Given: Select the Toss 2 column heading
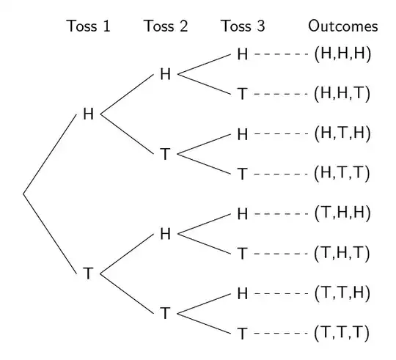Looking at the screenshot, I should pyautogui.click(x=166, y=27).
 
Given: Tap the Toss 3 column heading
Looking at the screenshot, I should pyautogui.click(x=243, y=27).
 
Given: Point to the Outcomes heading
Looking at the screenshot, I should pyautogui.click(x=342, y=27).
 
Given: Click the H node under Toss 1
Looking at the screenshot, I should pyautogui.click(x=89, y=114).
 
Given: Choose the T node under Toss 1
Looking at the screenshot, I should pyautogui.click(x=89, y=274).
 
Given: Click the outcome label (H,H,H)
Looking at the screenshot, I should pyautogui.click(x=342, y=54).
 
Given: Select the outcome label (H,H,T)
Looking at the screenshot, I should pyautogui.click(x=342, y=94).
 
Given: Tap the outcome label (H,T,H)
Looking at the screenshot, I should pyautogui.click(x=342, y=134).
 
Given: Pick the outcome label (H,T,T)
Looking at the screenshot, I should pyautogui.click(x=342, y=174).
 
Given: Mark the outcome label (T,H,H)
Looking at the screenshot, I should pyautogui.click(x=342, y=214).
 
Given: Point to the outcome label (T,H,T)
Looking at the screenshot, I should pyautogui.click(x=342, y=254).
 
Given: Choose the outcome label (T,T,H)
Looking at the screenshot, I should pyautogui.click(x=342, y=294).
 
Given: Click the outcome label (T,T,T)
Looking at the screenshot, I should pyautogui.click(x=342, y=334).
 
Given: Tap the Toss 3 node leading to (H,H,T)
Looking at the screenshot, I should pyautogui.click(x=243, y=94).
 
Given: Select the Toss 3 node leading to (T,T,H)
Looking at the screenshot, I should pyautogui.click(x=243, y=294).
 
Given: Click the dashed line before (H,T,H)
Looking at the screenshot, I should pyautogui.click(x=282, y=134).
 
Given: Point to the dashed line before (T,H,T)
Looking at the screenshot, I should pyautogui.click(x=282, y=254).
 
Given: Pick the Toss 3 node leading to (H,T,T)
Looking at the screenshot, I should pyautogui.click(x=243, y=174).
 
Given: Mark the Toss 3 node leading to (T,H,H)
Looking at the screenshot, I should pyautogui.click(x=243, y=214).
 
